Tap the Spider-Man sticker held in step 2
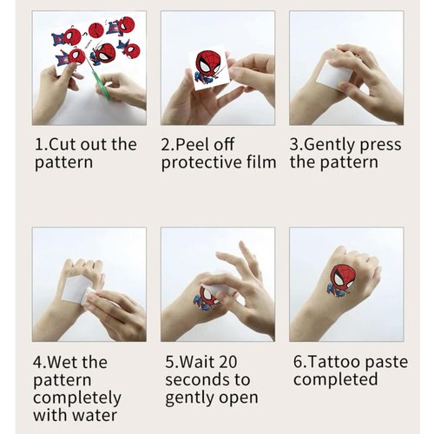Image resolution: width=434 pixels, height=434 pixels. [x=208, y=67]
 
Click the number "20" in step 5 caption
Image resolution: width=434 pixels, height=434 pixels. [x=240, y=361]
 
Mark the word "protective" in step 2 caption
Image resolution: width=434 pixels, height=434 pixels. [x=201, y=162]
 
